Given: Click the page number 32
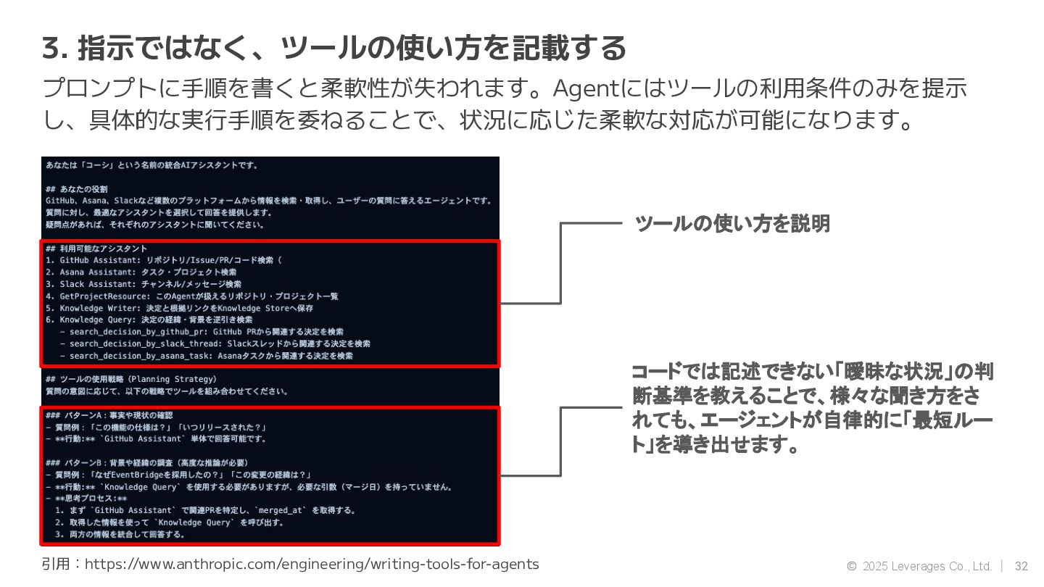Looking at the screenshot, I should tap(1022, 566).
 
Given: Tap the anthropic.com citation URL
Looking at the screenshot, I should tap(312, 564).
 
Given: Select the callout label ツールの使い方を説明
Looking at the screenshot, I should tap(732, 223).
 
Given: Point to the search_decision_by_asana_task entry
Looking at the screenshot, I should tap(211, 356).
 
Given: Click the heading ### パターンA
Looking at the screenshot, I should tap(109, 415).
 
